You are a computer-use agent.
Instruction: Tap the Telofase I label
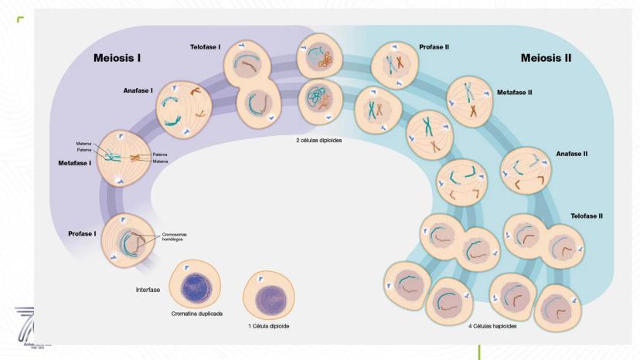(x=205, y=47)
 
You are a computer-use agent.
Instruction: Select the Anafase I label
(x=138, y=90)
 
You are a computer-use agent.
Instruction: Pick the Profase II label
(x=434, y=47)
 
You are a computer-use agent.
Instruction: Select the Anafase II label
(x=572, y=153)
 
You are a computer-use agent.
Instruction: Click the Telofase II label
(x=587, y=216)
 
